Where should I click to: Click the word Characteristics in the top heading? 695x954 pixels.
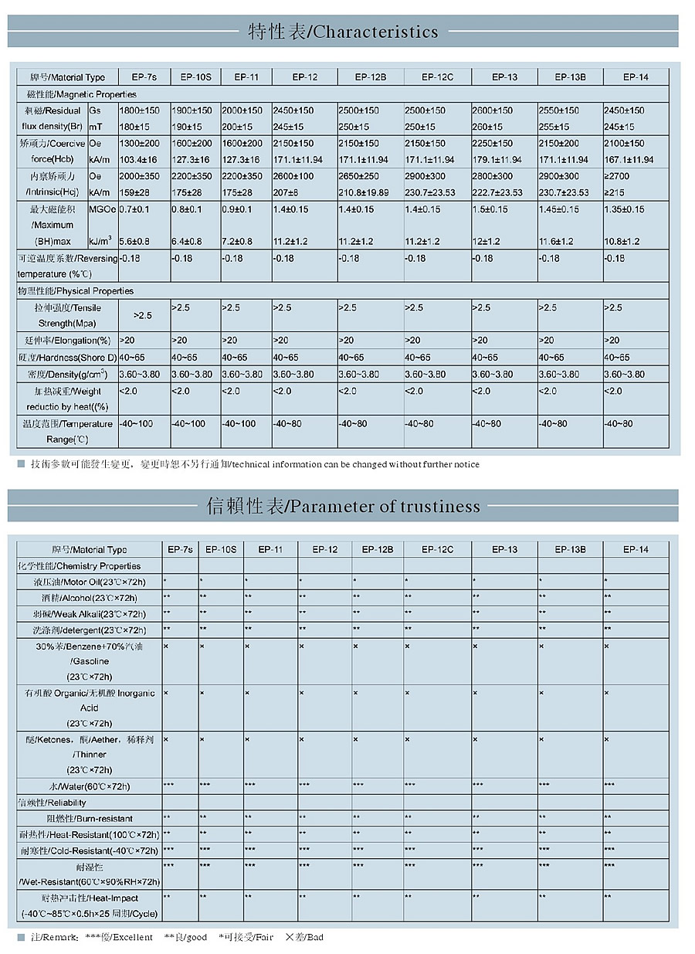[x=376, y=32]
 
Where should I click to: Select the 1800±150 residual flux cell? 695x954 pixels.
[x=139, y=110]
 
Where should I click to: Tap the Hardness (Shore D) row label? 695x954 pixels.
[x=68, y=358]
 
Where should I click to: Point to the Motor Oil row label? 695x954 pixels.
[x=89, y=581]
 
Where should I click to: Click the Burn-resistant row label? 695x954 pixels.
[x=89, y=818]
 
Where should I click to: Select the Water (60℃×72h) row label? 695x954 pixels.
[x=88, y=786]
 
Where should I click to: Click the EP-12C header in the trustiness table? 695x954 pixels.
[x=437, y=549]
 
